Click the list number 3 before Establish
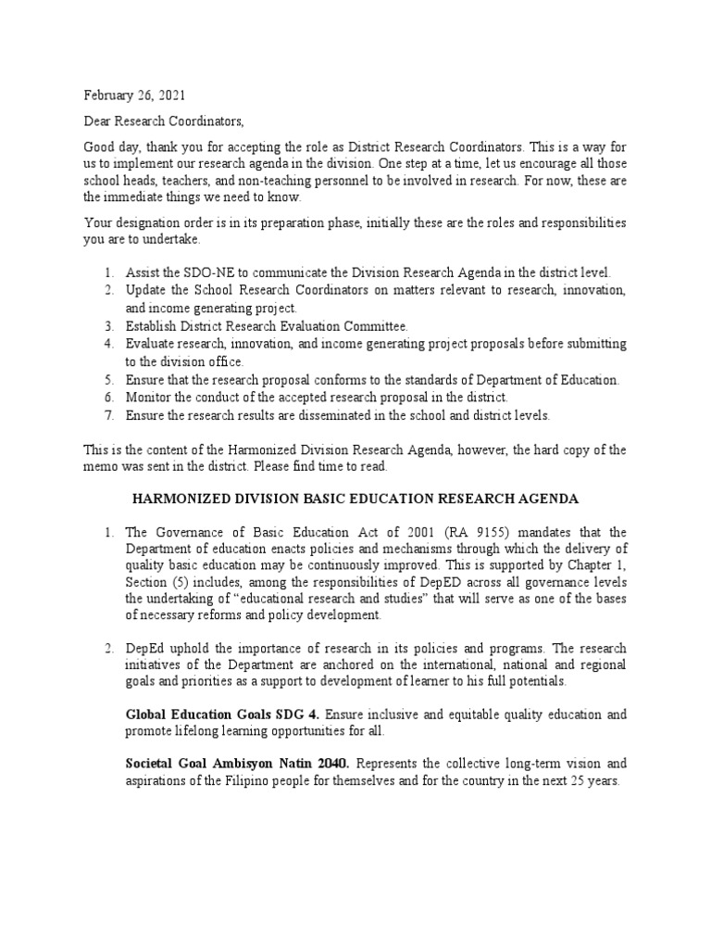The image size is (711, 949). pyautogui.click(x=107, y=326)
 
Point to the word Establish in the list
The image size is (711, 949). pyautogui.click(x=152, y=326)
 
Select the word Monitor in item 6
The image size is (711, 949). pyautogui.click(x=149, y=398)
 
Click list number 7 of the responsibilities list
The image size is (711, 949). pyautogui.click(x=107, y=415)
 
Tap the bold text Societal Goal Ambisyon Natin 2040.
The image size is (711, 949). pyautogui.click(x=237, y=764)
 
